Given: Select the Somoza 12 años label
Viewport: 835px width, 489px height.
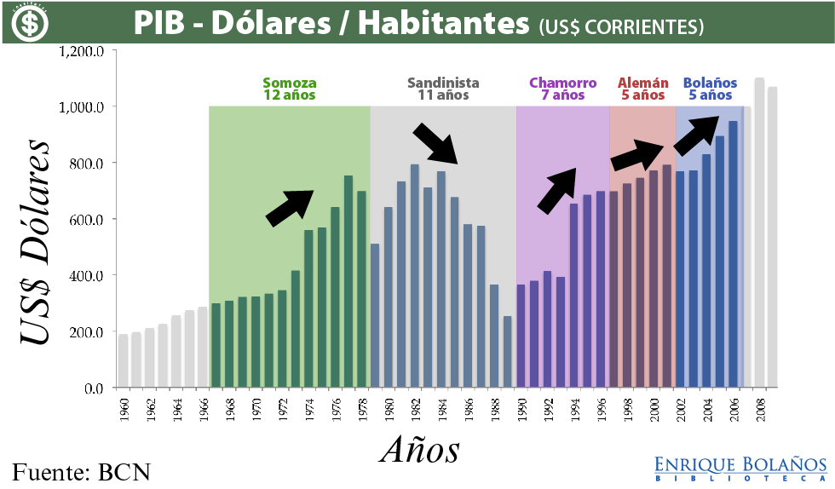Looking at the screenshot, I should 290,89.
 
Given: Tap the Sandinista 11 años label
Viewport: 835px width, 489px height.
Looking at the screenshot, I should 443,89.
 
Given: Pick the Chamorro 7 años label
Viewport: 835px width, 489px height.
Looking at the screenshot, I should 562,89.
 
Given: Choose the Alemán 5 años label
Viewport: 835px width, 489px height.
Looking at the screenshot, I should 642,89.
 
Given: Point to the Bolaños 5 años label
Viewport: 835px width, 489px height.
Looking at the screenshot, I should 710,89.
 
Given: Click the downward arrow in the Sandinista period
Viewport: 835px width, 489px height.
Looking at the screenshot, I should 436,143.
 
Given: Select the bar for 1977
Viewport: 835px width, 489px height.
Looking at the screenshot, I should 348,281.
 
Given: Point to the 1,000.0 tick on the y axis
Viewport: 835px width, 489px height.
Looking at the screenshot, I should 82,107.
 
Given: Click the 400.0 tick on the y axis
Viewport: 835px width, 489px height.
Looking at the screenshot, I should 85,276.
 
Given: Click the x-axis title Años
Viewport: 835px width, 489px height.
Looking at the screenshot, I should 420,449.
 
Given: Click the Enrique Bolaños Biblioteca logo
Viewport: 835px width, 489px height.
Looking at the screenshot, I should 740,469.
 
